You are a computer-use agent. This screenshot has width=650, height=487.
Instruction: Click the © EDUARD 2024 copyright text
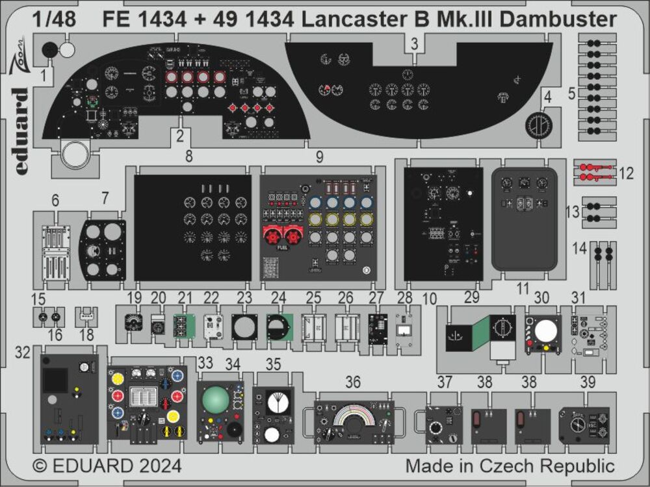[107, 466]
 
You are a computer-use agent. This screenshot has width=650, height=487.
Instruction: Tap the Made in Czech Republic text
[510, 466]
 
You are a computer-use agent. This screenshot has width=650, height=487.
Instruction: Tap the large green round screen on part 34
[215, 399]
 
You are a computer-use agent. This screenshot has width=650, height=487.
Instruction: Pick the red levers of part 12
[594, 173]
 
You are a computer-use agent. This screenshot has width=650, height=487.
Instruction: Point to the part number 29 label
[471, 297]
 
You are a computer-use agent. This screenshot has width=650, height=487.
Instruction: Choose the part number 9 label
[319, 156]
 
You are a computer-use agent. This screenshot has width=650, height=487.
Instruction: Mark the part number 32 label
[24, 353]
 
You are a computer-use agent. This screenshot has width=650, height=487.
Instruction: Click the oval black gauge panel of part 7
[103, 250]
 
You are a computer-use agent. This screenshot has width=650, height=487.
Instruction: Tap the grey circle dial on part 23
[244, 327]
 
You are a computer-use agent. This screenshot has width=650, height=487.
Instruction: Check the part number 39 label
[588, 383]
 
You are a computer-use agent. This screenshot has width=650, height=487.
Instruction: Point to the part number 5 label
[571, 94]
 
